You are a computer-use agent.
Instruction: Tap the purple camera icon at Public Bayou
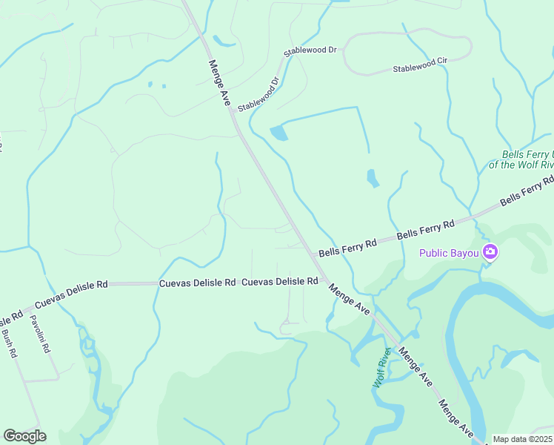(x=490, y=253)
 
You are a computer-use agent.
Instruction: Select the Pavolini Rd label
(x=39, y=334)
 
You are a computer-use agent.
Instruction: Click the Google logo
(x=24, y=436)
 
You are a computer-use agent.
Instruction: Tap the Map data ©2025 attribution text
(x=522, y=439)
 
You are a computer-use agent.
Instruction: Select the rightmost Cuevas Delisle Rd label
(x=280, y=282)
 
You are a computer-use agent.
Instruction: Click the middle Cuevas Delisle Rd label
(x=198, y=283)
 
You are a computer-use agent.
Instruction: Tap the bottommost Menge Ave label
(x=455, y=418)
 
